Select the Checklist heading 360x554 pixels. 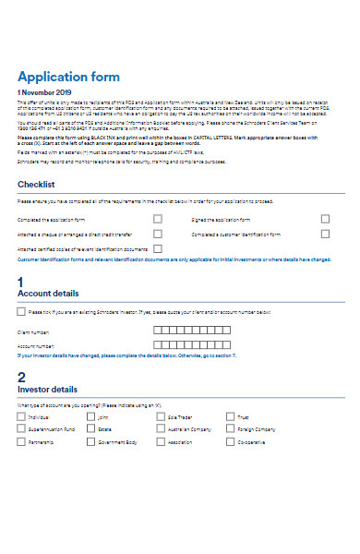(x=42, y=185)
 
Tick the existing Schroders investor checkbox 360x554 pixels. (x=22, y=312)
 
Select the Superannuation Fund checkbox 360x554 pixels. (x=21, y=428)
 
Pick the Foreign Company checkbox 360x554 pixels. (x=230, y=428)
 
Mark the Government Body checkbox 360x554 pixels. (x=91, y=441)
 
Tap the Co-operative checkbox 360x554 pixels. (x=230, y=441)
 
